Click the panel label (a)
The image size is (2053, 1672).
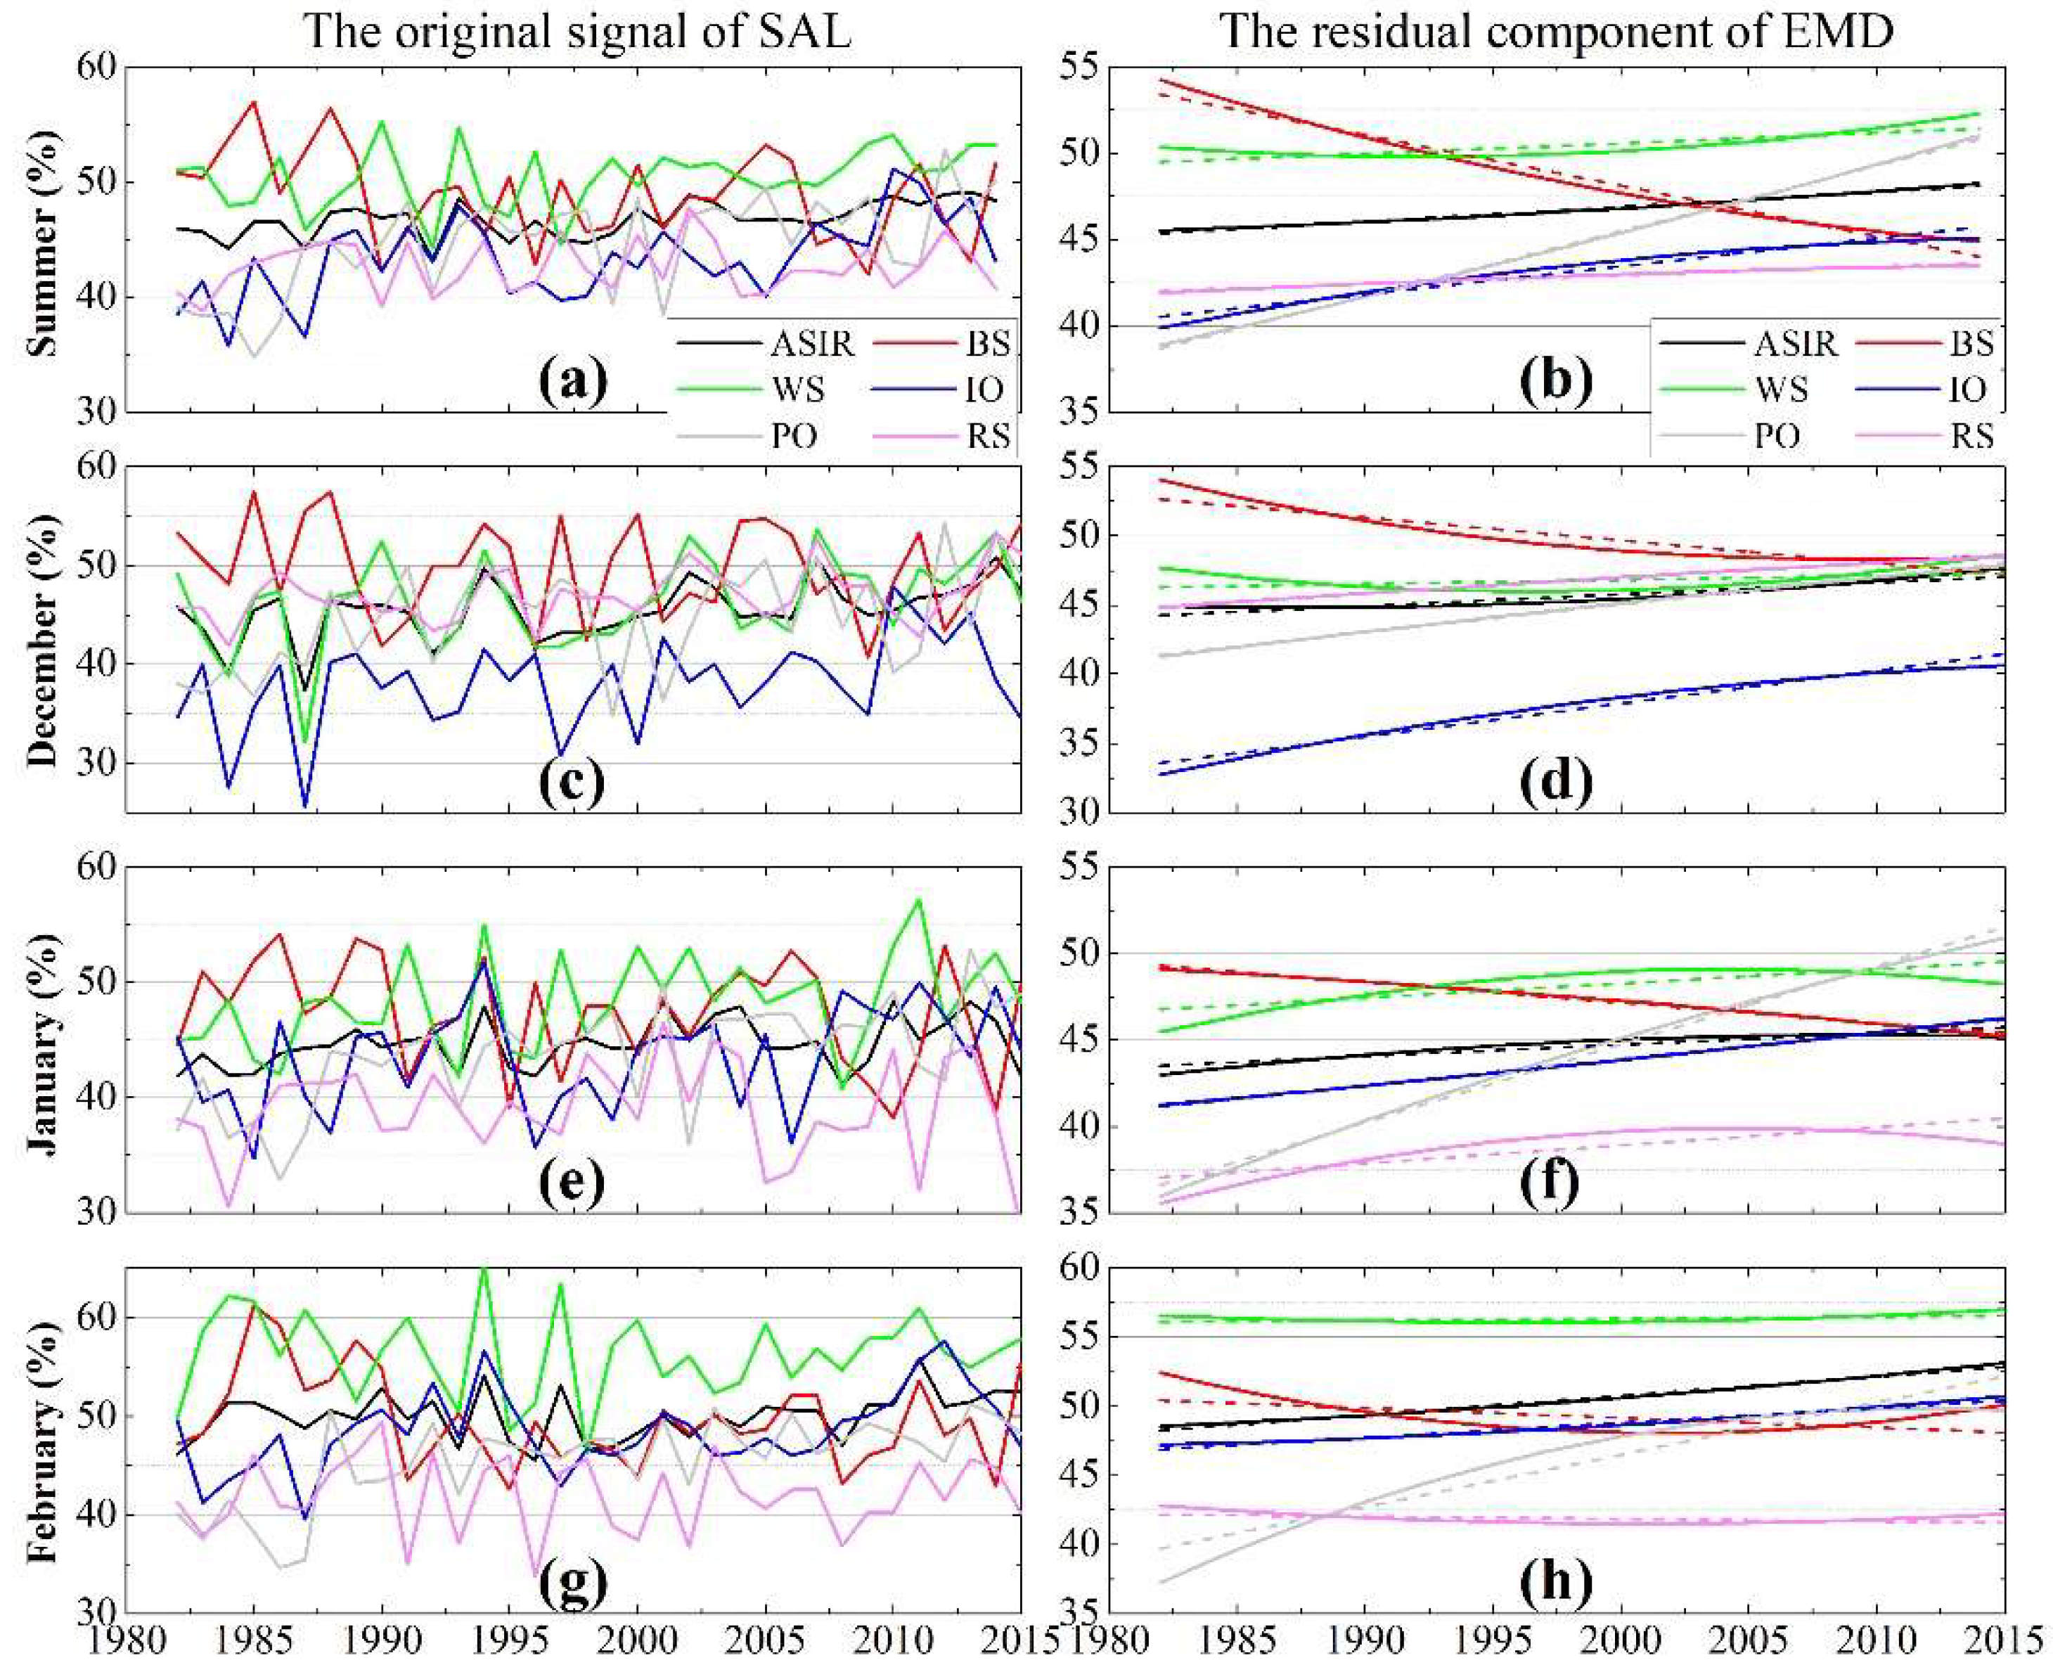pyautogui.click(x=574, y=382)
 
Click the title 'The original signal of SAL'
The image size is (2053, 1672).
pyautogui.click(x=578, y=33)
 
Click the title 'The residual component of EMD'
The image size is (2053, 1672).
pyautogui.click(x=1557, y=33)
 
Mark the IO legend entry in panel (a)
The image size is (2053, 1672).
pyautogui.click(x=982, y=389)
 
